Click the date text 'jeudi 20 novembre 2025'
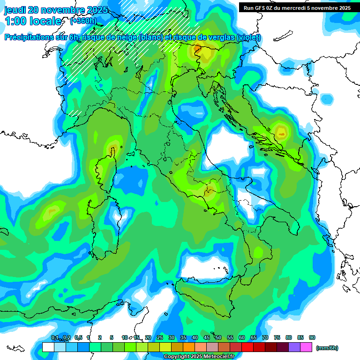56,10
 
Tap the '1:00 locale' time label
33,21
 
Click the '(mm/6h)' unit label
327,348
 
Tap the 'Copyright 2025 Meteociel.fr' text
199,357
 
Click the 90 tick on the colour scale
312,337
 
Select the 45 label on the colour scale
207,337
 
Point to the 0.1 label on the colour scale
55,337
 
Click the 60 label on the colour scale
242,337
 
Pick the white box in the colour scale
48,347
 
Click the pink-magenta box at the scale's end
307,347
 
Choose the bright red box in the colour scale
247,347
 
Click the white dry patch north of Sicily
204,268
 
